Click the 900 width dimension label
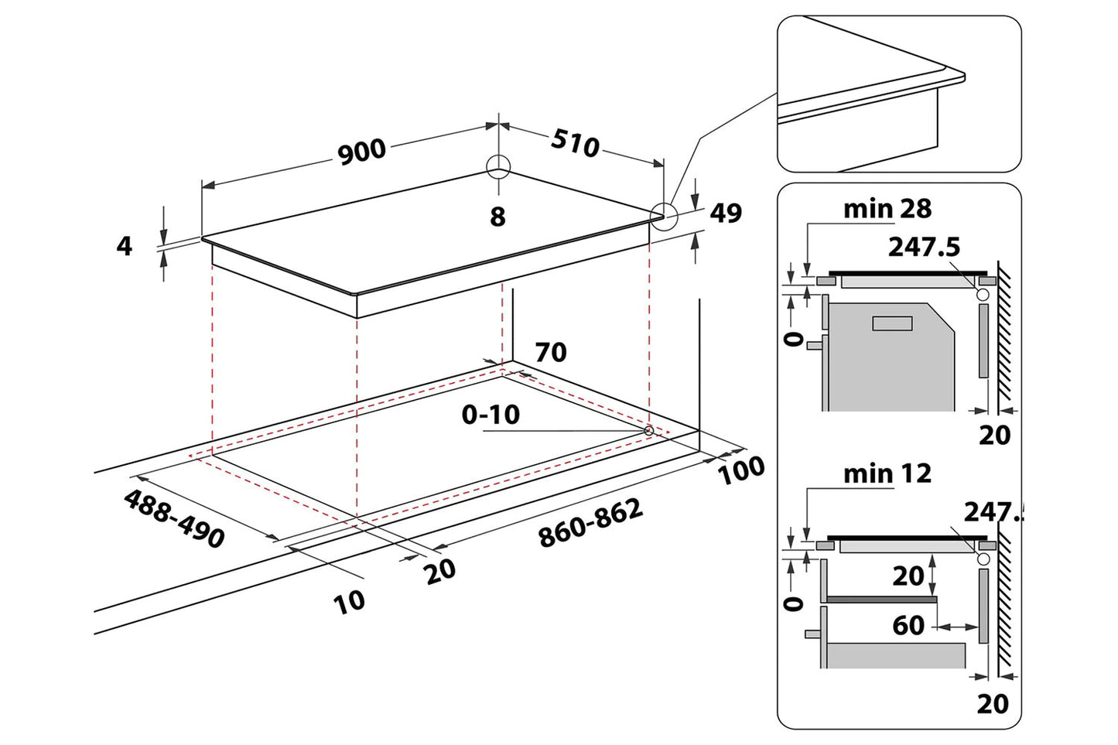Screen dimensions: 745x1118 362,151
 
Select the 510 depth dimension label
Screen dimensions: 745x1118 576,142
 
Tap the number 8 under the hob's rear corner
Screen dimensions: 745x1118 497,217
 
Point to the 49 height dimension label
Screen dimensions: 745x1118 726,213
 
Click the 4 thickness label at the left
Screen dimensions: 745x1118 124,246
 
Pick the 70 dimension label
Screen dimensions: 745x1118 551,352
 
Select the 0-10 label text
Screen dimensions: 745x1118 491,415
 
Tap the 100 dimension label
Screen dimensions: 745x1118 742,470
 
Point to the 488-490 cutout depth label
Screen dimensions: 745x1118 174,518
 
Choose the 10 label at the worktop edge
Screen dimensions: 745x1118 349,601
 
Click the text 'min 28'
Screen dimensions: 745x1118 887,209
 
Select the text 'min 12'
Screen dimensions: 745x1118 887,473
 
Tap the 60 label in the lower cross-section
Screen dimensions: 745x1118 908,625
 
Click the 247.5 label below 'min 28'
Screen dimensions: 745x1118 924,247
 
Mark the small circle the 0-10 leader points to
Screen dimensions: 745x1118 648,429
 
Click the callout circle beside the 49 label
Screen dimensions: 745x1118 664,216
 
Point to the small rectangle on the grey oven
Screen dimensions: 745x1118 892,323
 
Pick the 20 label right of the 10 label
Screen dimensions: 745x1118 440,572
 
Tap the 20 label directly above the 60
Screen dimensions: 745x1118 908,576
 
